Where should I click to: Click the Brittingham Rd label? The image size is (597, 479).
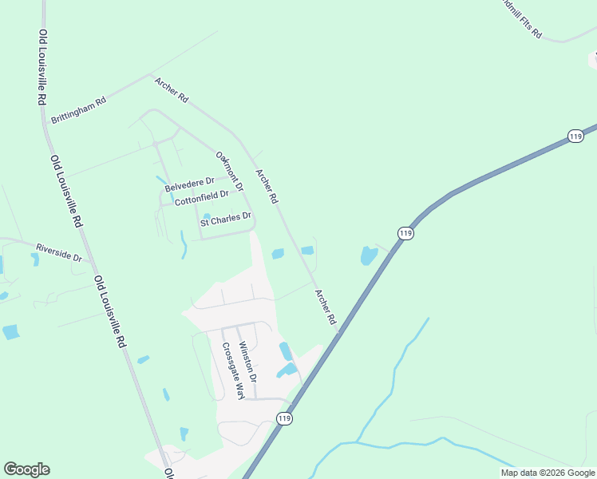click(78, 110)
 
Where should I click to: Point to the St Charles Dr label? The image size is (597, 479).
click(226, 218)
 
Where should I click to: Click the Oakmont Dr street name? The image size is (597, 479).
click(229, 168)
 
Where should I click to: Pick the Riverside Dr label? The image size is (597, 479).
click(58, 252)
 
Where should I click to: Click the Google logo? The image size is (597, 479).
click(26, 469)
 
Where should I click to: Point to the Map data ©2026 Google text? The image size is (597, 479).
click(548, 473)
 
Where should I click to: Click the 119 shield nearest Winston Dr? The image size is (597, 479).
click(285, 418)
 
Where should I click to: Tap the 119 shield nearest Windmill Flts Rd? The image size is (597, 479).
click(576, 137)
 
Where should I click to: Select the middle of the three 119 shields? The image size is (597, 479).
click(405, 232)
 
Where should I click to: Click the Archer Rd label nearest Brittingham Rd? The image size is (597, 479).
click(172, 89)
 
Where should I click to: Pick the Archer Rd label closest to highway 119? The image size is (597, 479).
click(326, 307)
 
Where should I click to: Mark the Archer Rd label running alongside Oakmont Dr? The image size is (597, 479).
click(267, 185)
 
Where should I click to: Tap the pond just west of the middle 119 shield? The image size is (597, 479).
click(368, 255)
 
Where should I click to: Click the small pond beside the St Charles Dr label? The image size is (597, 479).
click(207, 216)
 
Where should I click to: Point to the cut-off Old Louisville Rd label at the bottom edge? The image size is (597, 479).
click(170, 473)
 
